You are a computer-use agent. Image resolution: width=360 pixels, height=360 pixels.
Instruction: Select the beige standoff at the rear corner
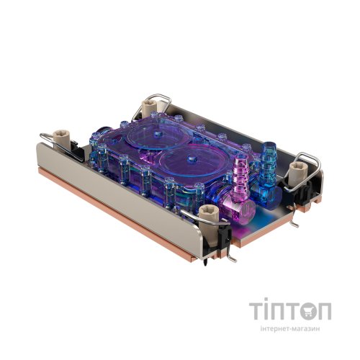[x=150, y=107]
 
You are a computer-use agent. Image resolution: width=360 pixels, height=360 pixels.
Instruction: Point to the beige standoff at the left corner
[x=62, y=140]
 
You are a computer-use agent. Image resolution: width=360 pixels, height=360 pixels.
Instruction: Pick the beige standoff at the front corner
[x=209, y=221]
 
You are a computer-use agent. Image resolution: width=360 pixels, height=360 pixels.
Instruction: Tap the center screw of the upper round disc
[x=158, y=133]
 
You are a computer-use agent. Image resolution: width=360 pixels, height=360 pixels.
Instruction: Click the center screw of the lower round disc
[x=191, y=158]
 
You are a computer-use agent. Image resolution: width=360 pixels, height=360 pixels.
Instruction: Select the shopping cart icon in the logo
[x=308, y=311]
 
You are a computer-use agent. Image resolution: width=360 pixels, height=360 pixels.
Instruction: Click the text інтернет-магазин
[x=290, y=328]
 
